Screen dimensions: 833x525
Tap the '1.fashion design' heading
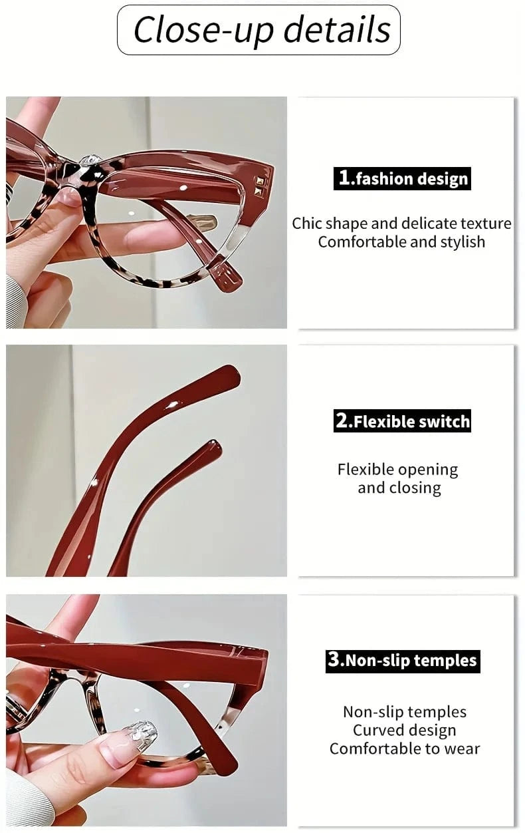point(402,178)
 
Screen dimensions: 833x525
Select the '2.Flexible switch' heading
point(402,421)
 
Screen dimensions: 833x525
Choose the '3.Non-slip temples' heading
point(402,661)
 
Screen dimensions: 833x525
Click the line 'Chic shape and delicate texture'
point(401,223)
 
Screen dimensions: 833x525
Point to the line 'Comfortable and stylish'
point(401,242)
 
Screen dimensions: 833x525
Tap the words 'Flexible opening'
point(397,470)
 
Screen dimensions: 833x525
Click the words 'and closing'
point(399,488)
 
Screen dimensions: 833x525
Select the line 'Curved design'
point(404,730)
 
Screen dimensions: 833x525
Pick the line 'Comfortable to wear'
point(404,749)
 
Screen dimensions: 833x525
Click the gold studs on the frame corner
point(261,186)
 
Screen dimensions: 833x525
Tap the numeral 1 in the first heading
point(344,178)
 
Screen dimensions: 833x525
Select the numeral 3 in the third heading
point(334,660)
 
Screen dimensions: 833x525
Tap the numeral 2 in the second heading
point(342,421)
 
